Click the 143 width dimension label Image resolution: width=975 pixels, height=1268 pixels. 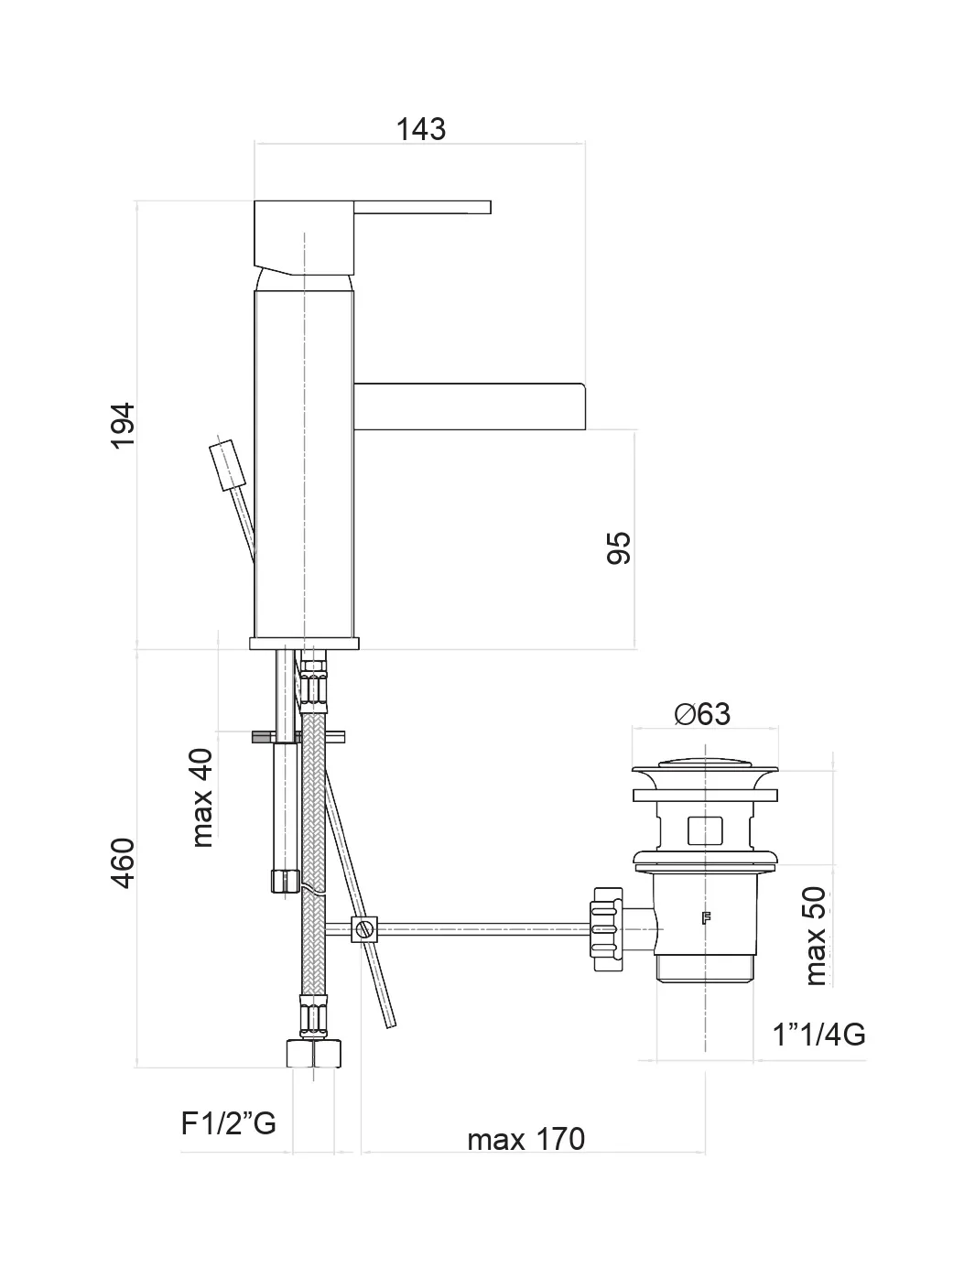click(420, 129)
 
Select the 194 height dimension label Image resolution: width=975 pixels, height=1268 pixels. click(123, 424)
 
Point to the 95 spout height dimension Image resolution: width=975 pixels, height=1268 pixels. click(620, 547)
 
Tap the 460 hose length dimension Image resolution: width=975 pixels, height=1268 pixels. click(123, 862)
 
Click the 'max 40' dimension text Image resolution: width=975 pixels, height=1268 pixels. click(201, 797)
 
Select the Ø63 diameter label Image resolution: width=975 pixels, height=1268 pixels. click(702, 713)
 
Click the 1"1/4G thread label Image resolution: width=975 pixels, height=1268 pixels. click(818, 1035)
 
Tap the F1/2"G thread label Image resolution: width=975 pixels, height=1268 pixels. click(228, 1122)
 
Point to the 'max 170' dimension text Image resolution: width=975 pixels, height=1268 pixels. click(525, 1139)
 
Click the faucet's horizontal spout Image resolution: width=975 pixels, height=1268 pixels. click(469, 406)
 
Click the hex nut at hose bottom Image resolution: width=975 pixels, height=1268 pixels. click(313, 1053)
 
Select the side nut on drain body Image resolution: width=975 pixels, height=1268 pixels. click(607, 928)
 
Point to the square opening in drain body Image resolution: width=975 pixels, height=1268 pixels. click(704, 829)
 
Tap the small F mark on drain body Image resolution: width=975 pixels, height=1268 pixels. click(705, 918)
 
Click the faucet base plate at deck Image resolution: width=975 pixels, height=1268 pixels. click(304, 643)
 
